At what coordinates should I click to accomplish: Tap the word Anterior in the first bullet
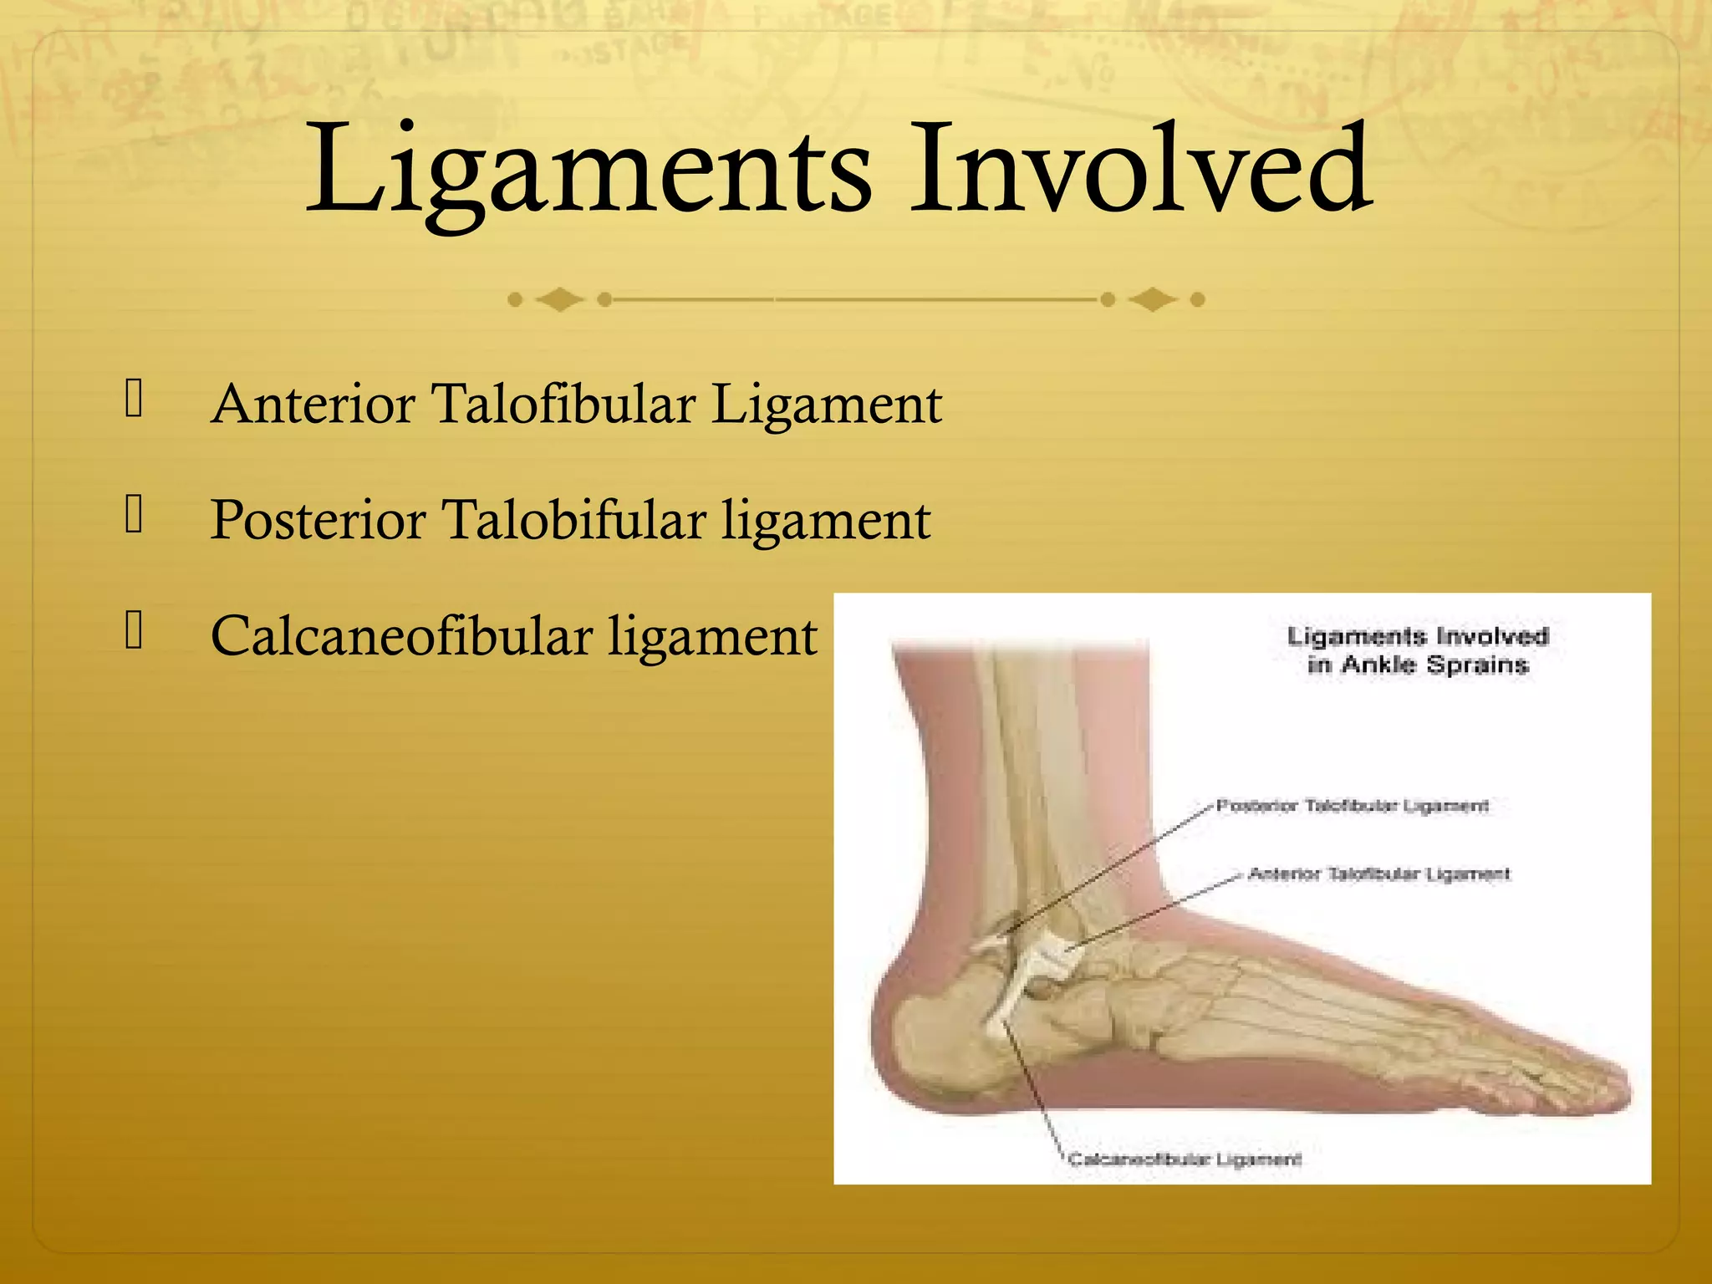[313, 405]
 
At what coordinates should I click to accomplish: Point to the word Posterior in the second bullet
[318, 521]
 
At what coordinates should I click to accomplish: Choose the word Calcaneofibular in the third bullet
[401, 637]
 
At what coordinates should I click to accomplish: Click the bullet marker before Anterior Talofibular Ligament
[134, 398]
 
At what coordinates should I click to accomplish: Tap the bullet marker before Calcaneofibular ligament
[134, 630]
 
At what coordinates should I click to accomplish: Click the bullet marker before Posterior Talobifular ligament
[134, 514]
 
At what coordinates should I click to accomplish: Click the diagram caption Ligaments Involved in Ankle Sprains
[1418, 650]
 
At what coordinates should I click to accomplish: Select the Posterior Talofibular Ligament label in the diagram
[1352, 806]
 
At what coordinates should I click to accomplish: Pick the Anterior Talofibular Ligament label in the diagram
[1379, 874]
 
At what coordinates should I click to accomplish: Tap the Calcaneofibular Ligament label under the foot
[1185, 1159]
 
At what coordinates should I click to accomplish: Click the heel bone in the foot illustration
[936, 1037]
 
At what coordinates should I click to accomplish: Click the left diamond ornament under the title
[559, 299]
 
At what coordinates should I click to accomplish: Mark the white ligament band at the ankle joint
[1045, 961]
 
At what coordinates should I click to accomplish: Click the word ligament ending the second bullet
[826, 521]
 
